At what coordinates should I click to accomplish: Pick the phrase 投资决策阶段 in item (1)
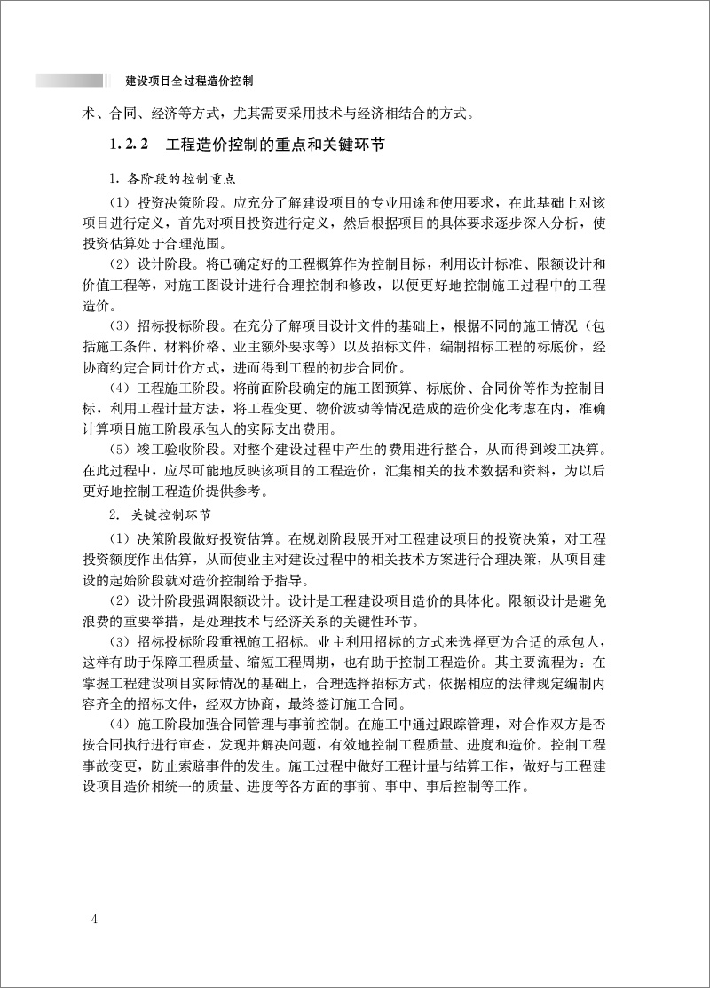tap(177, 202)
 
